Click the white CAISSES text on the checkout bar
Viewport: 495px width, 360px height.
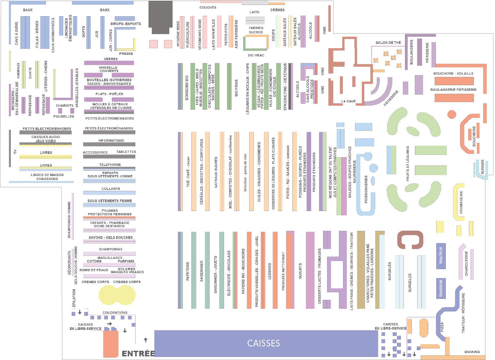(263, 343)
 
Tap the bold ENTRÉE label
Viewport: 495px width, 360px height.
(138, 354)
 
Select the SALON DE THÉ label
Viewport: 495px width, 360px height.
(388, 43)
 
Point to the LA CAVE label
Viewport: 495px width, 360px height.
(348, 101)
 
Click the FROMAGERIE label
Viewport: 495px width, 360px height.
(461, 201)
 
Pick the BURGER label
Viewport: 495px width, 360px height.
(482, 167)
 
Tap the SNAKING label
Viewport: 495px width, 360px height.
(472, 352)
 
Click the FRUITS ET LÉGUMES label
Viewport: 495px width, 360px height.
(408, 163)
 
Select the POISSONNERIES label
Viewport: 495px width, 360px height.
(366, 189)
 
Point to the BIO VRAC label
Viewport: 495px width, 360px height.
(256, 55)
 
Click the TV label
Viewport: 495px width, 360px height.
(15, 152)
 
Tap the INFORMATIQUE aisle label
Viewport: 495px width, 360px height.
(111, 140)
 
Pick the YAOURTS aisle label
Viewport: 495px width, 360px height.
(300, 271)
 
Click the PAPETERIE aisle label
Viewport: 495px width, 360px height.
(188, 271)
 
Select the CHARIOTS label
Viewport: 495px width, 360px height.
(64, 106)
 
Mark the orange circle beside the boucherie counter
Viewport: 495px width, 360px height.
(451, 115)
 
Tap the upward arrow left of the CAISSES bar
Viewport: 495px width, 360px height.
(146, 340)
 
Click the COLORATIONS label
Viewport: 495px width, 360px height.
(115, 312)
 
